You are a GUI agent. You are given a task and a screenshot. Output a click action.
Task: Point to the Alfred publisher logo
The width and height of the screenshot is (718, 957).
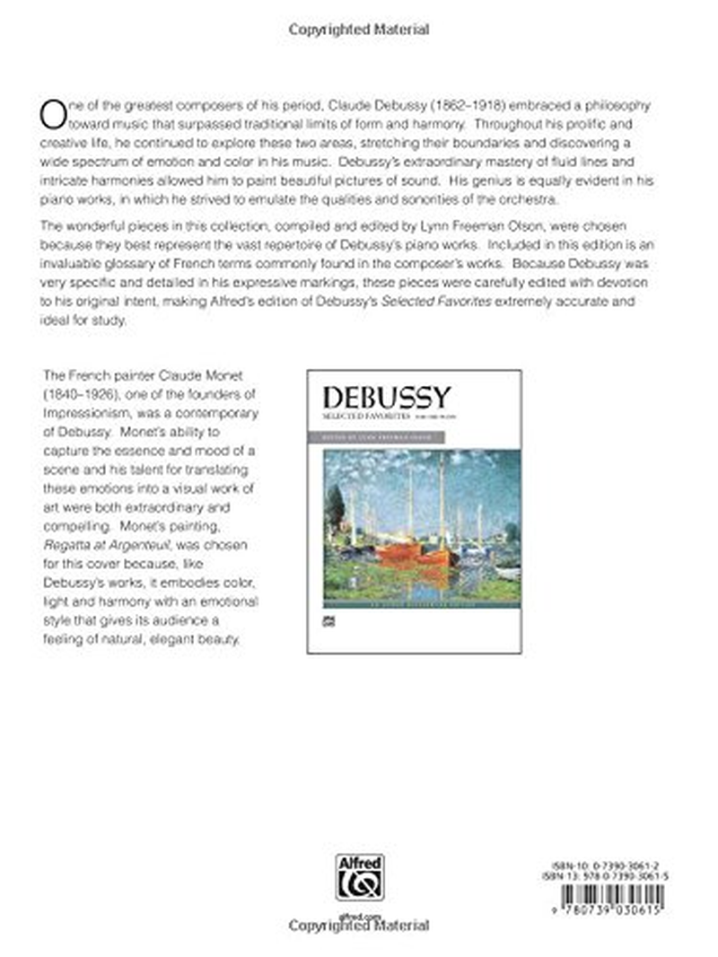tap(359, 877)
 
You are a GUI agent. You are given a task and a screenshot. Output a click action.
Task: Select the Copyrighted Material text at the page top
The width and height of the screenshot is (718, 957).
tap(359, 30)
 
